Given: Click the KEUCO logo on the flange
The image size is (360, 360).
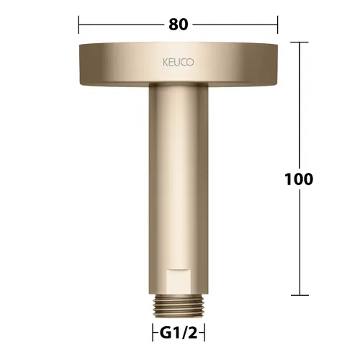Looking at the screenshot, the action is coord(178,63).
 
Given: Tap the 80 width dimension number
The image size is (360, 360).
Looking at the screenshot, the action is coord(179,24).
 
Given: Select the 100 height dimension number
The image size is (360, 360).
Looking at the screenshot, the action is coord(299,179).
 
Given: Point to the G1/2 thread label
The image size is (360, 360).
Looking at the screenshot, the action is coord(179,333).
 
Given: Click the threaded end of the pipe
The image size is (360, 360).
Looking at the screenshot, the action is coord(179,307).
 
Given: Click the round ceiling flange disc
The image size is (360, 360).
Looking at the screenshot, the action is coord(179,64).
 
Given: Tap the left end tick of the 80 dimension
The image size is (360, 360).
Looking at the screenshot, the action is coord(78,24).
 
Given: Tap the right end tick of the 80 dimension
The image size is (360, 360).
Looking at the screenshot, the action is coord(278,24).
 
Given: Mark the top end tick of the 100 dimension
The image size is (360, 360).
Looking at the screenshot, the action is coord(300,42).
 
